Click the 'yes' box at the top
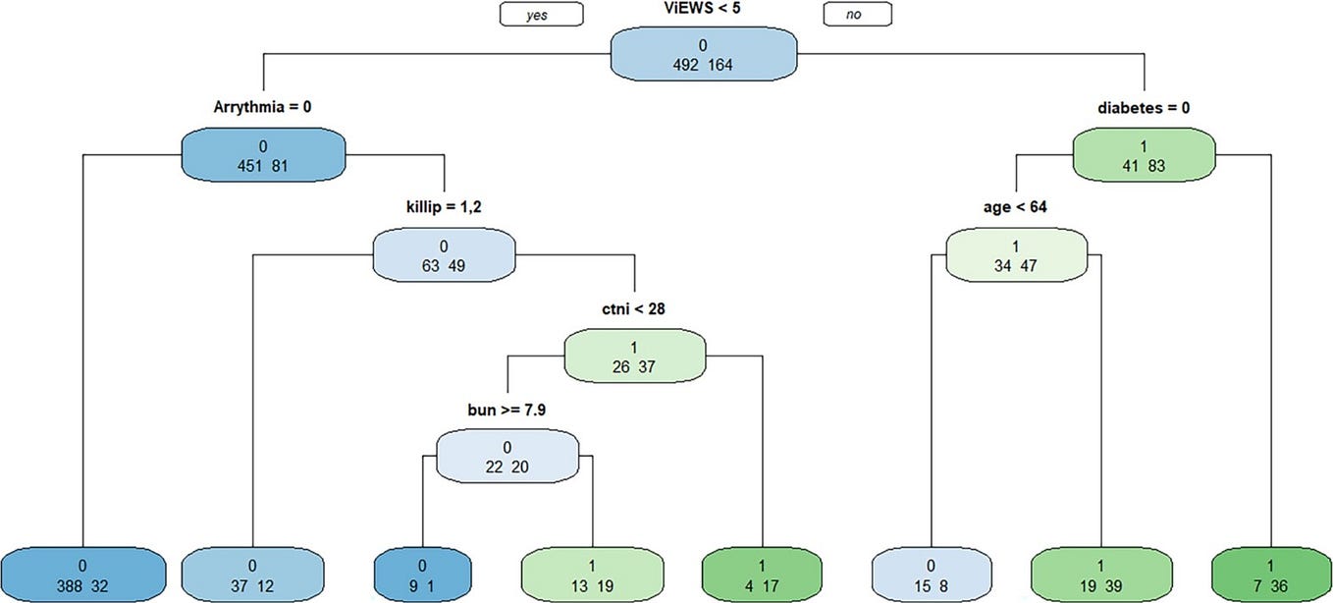pyautogui.click(x=541, y=14)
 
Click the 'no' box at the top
pyautogui.click(x=857, y=14)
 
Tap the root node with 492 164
pyautogui.click(x=703, y=53)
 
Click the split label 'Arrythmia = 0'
pyautogui.click(x=263, y=106)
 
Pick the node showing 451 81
pyautogui.click(x=263, y=155)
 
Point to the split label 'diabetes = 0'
pyautogui.click(x=1145, y=106)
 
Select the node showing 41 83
pyautogui.click(x=1145, y=155)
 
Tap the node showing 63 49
pyautogui.click(x=444, y=254)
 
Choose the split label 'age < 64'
pyautogui.click(x=1016, y=208)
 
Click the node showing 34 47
pyautogui.click(x=1016, y=254)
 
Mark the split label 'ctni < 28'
pyautogui.click(x=634, y=309)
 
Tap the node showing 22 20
pyautogui.click(x=507, y=456)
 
